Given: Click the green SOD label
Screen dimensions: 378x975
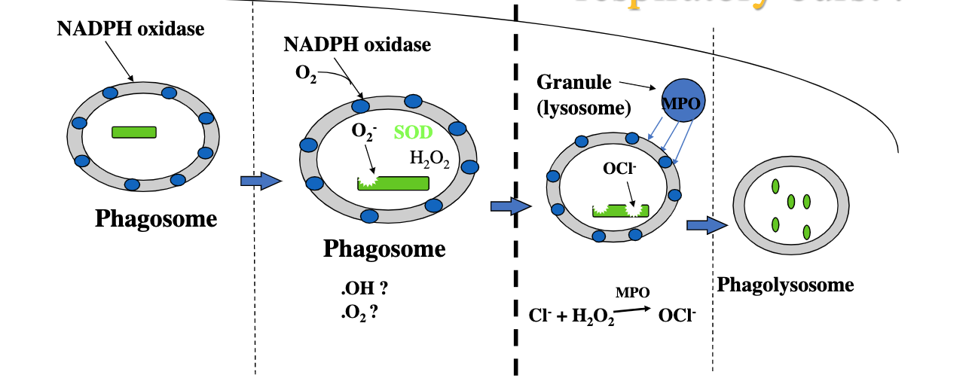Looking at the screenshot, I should (x=413, y=133).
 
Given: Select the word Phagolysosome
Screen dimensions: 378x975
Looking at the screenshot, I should (x=785, y=285).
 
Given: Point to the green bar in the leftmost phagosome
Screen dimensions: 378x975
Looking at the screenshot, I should (x=134, y=132).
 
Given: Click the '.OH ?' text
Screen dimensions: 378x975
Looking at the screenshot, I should (x=368, y=289).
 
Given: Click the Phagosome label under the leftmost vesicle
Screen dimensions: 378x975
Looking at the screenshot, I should (x=156, y=219).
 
